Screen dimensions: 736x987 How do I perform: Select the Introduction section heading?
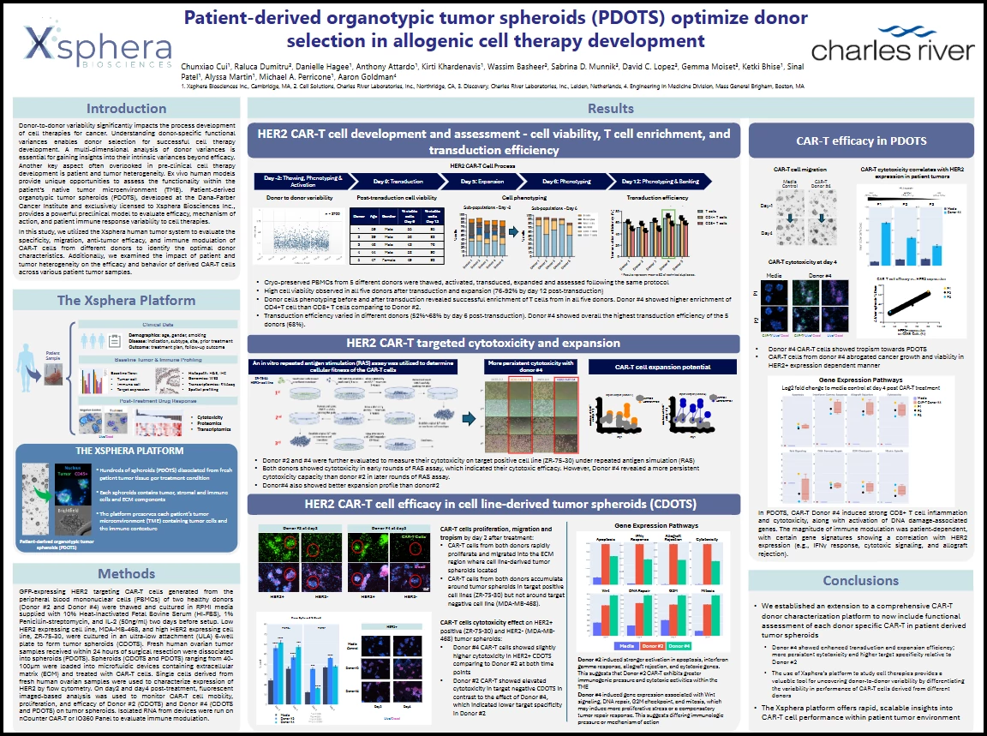(127, 109)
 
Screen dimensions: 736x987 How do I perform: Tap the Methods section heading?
(127, 573)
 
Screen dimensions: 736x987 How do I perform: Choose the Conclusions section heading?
(860, 580)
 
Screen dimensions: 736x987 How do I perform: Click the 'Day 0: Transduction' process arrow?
(397, 182)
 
